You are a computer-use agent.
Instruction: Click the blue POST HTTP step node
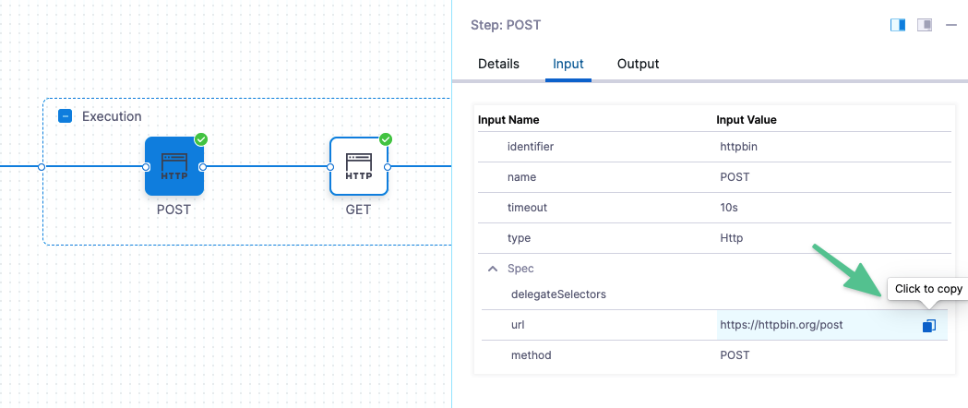174,166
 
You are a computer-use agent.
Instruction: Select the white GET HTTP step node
359,166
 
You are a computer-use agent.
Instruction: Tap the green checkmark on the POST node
200,139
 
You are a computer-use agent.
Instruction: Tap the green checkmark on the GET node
385,139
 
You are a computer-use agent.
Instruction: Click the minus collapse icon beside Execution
65,116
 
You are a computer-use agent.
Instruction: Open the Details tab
499,64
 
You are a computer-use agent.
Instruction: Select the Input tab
568,64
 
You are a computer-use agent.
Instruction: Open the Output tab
639,64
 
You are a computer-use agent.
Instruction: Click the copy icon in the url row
929,325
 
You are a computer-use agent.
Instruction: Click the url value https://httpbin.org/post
781,325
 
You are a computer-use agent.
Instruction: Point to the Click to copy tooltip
928,289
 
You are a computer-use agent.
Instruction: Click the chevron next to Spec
493,269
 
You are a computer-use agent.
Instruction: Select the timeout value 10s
729,208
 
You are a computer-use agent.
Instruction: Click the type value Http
731,237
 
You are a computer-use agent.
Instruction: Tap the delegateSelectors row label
558,294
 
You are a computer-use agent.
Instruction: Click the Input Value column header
747,120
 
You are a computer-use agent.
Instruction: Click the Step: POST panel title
506,25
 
